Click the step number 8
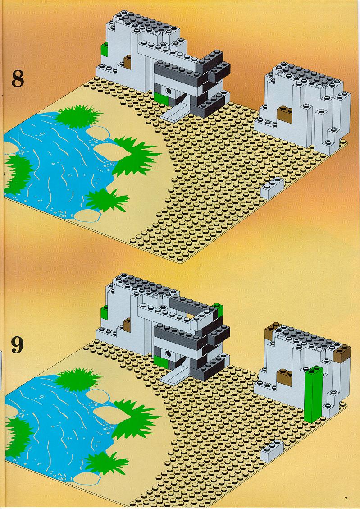click(x=18, y=78)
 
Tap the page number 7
click(x=346, y=500)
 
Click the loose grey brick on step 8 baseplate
click(x=273, y=188)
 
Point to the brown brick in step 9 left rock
click(x=127, y=325)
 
